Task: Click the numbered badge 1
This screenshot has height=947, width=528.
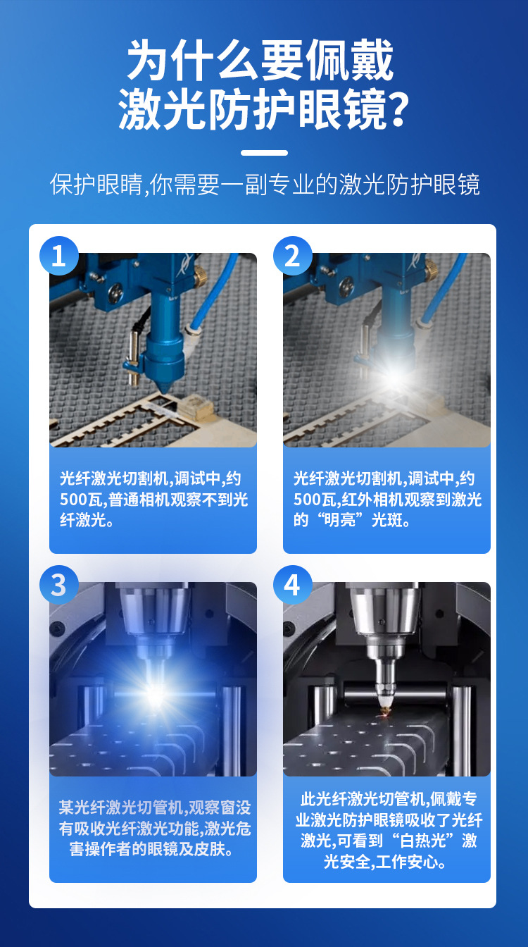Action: pyautogui.click(x=59, y=256)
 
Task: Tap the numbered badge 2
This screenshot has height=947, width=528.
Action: pyautogui.click(x=293, y=256)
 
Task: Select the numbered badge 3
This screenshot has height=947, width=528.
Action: pyautogui.click(x=59, y=585)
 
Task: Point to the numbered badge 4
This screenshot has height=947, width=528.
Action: pyautogui.click(x=293, y=585)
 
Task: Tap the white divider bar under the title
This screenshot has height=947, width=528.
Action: pyautogui.click(x=265, y=153)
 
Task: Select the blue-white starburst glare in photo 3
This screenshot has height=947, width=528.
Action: pyautogui.click(x=155, y=694)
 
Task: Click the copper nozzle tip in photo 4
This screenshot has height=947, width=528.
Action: pyautogui.click(x=385, y=710)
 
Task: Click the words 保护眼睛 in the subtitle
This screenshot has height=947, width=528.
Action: pyautogui.click(x=96, y=185)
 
